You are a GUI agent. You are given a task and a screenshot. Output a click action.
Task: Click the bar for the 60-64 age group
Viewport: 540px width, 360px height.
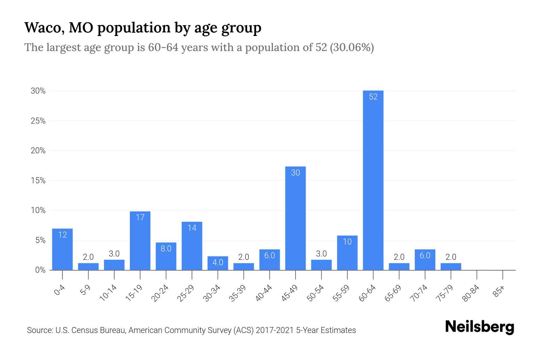[x=373, y=180]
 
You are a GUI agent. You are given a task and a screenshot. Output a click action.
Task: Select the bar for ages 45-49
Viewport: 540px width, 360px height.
[x=295, y=219]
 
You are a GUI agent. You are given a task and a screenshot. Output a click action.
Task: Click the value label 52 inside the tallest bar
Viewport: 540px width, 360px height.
[x=373, y=97]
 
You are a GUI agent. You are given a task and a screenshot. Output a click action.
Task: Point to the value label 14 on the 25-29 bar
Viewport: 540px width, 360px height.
[x=192, y=228]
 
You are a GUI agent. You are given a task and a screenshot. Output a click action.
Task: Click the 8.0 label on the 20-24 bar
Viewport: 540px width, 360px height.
[x=166, y=248]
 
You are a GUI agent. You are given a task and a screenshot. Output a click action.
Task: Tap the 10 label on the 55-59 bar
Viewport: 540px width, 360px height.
[x=347, y=242]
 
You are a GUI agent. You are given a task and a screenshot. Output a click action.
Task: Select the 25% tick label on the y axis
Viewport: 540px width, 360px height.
[x=38, y=121]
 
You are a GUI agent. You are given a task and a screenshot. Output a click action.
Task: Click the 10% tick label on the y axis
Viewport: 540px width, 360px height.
[x=38, y=210]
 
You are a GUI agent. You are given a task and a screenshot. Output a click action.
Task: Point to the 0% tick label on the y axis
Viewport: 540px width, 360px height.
[x=40, y=270]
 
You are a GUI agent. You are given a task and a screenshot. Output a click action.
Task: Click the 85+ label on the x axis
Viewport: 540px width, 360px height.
[x=499, y=291]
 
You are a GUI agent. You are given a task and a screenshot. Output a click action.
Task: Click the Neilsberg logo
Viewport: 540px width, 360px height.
[x=479, y=327]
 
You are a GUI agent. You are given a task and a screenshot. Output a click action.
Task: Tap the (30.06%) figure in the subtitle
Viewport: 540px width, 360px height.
[x=352, y=47]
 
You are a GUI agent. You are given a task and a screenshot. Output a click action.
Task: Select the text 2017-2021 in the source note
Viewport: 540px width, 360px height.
[x=275, y=330]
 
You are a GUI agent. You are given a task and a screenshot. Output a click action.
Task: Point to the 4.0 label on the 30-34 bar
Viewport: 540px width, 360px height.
[x=218, y=262]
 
